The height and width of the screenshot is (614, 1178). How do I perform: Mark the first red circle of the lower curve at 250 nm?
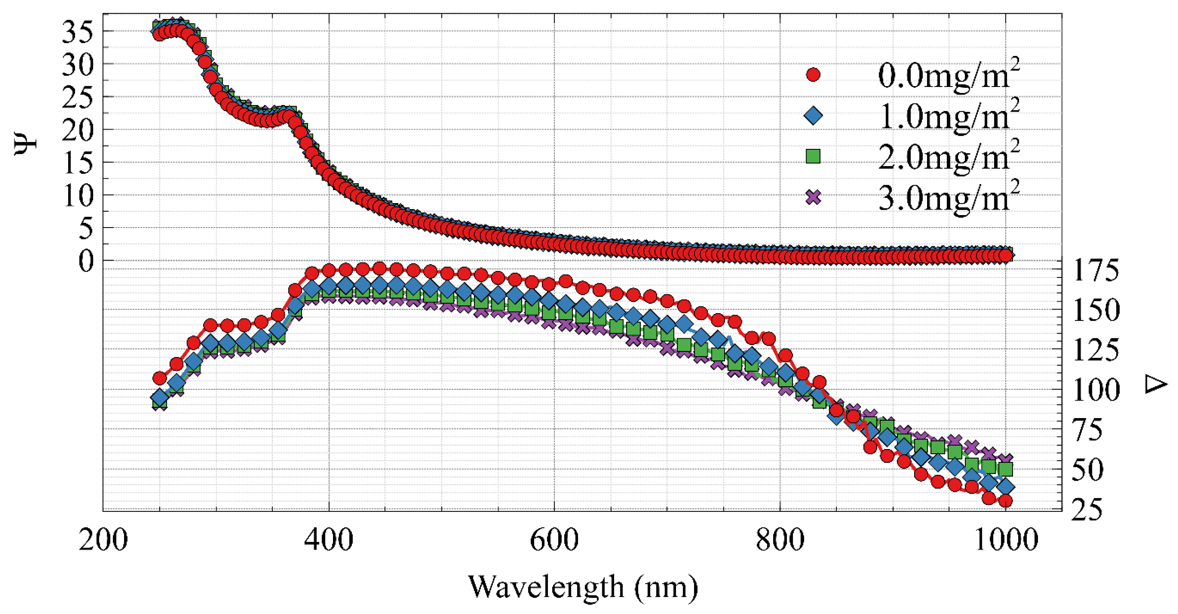[159, 378]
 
